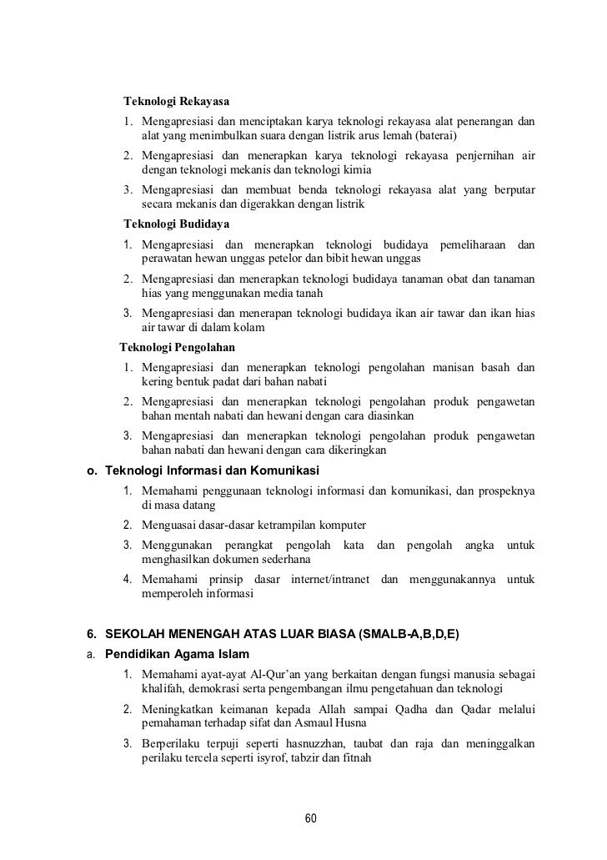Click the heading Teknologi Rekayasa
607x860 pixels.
pos(177,103)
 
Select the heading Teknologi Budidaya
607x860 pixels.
pos(177,224)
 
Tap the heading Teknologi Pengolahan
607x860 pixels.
pos(178,346)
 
